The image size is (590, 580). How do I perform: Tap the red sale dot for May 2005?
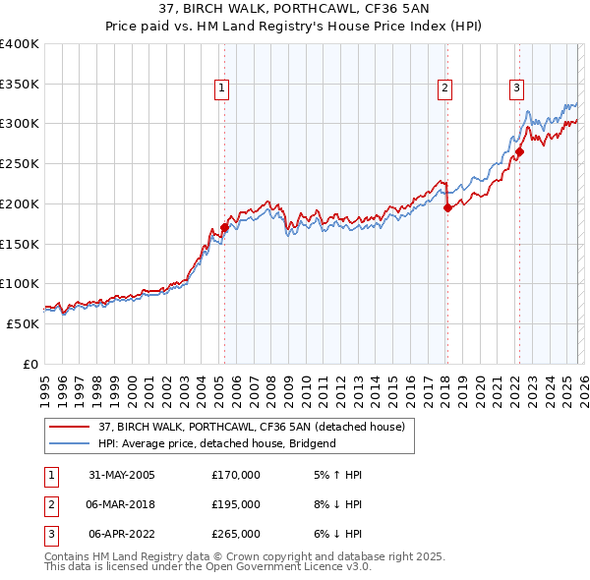click(x=224, y=227)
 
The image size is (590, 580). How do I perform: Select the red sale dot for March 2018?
click(x=447, y=207)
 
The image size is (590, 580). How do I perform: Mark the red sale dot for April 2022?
click(x=520, y=151)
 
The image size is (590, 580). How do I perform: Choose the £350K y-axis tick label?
click(x=20, y=85)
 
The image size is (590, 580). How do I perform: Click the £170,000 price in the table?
click(x=235, y=474)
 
